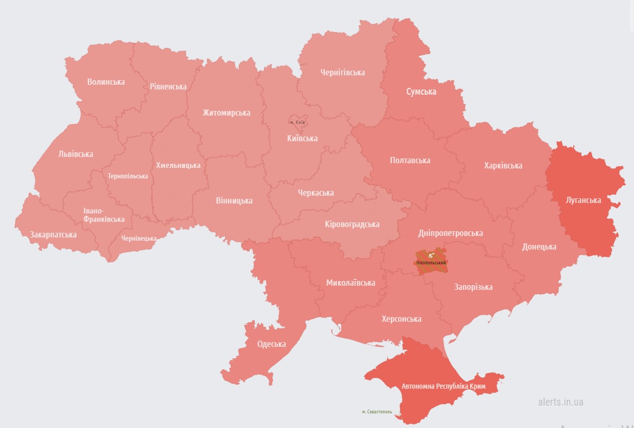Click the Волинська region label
pyautogui.click(x=106, y=82)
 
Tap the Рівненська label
pyautogui.click(x=168, y=86)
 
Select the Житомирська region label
pyautogui.click(x=226, y=112)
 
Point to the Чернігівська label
pyautogui.click(x=343, y=72)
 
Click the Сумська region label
pyautogui.click(x=421, y=92)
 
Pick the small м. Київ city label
pyautogui.click(x=297, y=122)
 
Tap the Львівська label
pyautogui.click(x=75, y=154)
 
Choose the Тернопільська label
pyautogui.click(x=128, y=176)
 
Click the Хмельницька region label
pyautogui.click(x=178, y=165)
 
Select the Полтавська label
pyautogui.click(x=410, y=160)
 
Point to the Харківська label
pyautogui.click(x=503, y=165)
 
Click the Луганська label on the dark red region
pyautogui.click(x=583, y=200)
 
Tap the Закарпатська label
pyautogui.click(x=53, y=234)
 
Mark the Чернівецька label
pyautogui.click(x=139, y=238)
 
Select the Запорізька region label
pyautogui.click(x=473, y=287)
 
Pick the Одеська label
pyautogui.click(x=271, y=344)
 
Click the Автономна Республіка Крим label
pyautogui.click(x=443, y=386)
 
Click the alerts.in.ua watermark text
pyautogui.click(x=560, y=402)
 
